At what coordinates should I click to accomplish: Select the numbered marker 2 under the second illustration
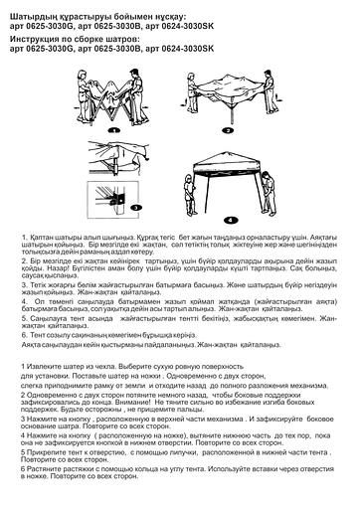pyautogui.click(x=227, y=129)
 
